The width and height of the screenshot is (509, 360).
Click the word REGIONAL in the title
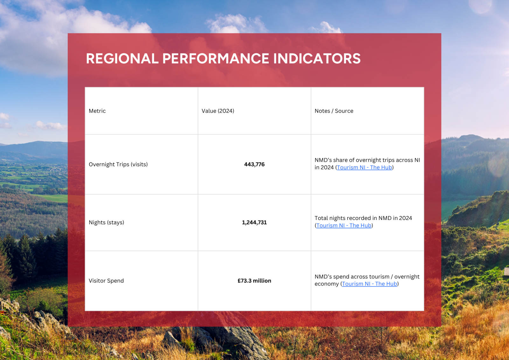click(x=122, y=59)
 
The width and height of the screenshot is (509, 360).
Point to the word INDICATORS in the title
click(x=317, y=59)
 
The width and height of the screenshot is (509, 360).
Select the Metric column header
click(x=97, y=111)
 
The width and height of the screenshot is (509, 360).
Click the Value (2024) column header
click(x=218, y=111)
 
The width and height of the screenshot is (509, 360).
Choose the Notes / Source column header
click(x=334, y=111)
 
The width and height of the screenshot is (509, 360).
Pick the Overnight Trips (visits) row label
click(x=118, y=164)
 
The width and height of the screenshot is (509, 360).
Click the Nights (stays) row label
click(x=106, y=222)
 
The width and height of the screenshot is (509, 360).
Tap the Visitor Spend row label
click(x=106, y=281)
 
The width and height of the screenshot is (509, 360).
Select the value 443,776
click(x=254, y=164)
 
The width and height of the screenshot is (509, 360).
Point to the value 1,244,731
click(x=254, y=222)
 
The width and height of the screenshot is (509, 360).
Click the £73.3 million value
click(x=254, y=281)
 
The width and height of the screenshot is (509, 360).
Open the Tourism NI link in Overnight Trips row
click(x=365, y=167)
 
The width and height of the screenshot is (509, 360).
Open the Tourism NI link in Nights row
click(x=344, y=225)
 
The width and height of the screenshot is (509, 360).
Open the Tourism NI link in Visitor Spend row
click(x=370, y=284)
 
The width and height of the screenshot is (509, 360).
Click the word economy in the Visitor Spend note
click(x=326, y=284)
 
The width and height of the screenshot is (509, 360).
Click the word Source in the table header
click(x=344, y=111)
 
